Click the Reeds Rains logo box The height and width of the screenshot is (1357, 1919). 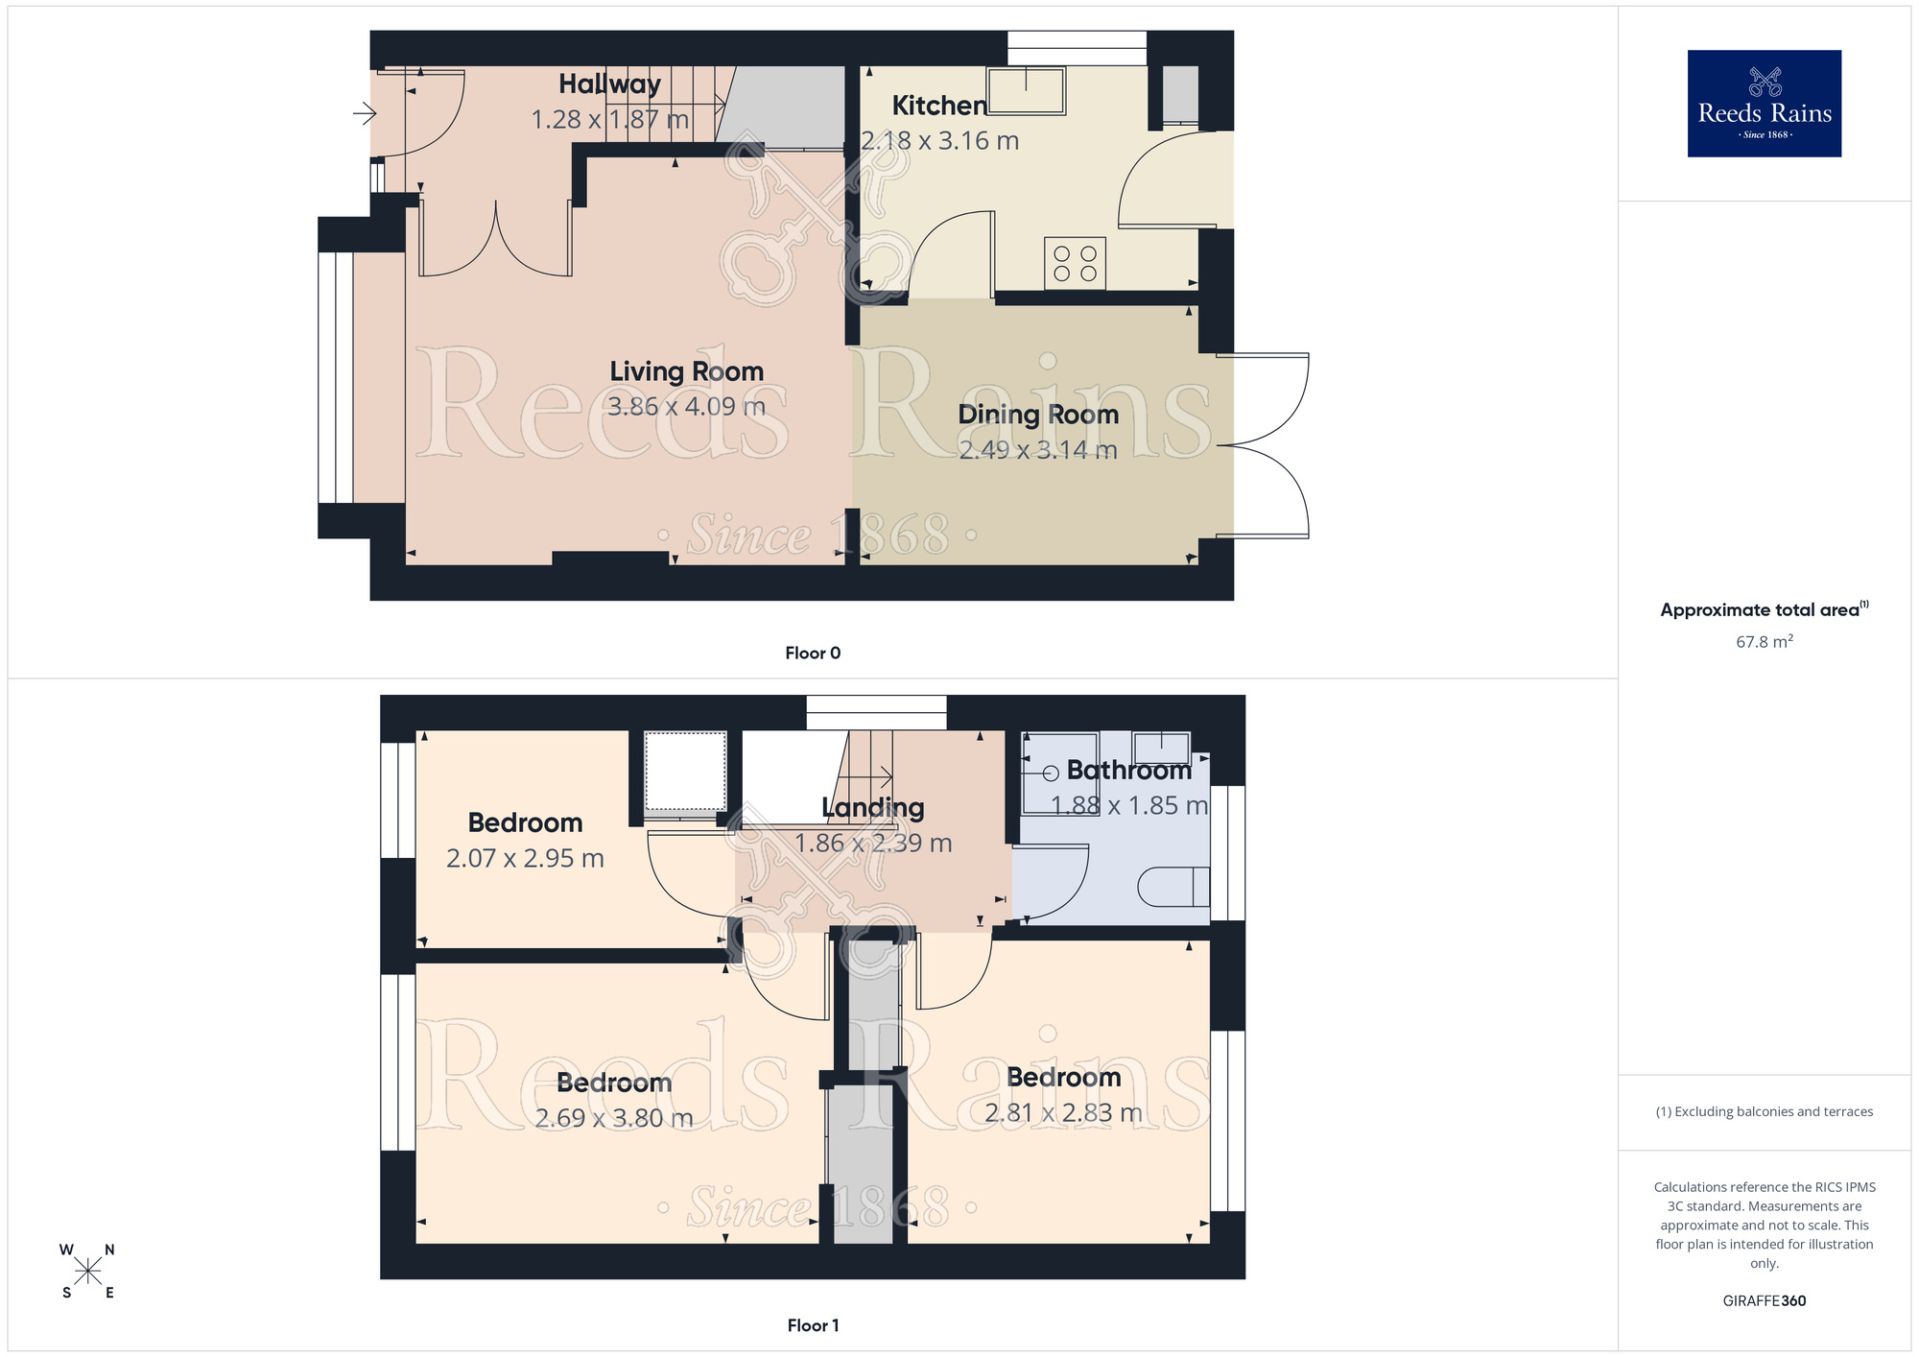pos(1764,104)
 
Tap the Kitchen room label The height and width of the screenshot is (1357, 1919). pos(939,106)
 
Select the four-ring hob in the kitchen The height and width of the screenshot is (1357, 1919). pos(1075,263)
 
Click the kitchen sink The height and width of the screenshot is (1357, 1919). pos(1026,90)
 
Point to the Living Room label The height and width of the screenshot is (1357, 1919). pos(686,371)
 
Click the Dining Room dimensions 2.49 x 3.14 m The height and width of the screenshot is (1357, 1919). pos(1038,449)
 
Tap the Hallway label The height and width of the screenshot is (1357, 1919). pos(609,84)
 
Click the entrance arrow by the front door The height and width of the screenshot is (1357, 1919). pos(365,114)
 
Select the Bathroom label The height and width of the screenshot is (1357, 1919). pos(1128,771)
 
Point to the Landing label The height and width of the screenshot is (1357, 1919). pos(872,808)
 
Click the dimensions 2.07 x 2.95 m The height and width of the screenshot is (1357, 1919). pos(525,858)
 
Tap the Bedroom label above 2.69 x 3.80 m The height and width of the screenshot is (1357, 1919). pos(614,1083)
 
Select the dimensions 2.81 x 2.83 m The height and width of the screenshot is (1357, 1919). pos(1063,1112)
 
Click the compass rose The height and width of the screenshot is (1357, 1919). pos(87,1272)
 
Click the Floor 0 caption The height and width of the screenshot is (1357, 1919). pos(813,654)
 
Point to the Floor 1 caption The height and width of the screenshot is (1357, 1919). pos(813,1325)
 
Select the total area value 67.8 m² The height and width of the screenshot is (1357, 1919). pos(1764,642)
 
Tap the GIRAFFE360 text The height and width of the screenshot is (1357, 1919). pos(1764,1301)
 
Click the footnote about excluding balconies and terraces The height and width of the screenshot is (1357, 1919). pos(1764,1112)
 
